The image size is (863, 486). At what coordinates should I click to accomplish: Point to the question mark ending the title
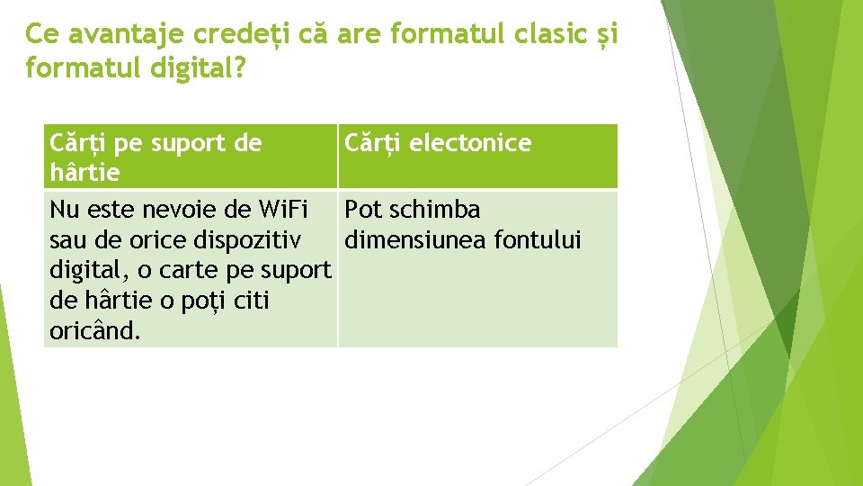point(237,68)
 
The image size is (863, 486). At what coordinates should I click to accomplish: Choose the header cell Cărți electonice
point(438,143)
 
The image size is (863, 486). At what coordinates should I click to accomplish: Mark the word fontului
point(542,241)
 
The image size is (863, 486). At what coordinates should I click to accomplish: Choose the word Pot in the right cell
point(364,211)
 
